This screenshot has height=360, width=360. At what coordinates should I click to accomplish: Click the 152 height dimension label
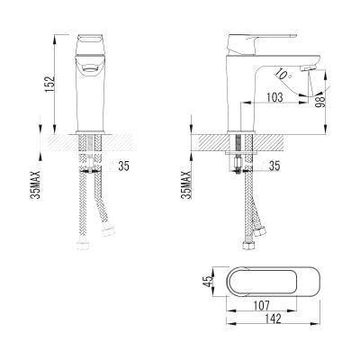(49, 83)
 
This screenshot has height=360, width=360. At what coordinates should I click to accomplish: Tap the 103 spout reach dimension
(274, 97)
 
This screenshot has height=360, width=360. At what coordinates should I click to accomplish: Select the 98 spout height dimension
(320, 102)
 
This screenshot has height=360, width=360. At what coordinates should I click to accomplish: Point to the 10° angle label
(283, 74)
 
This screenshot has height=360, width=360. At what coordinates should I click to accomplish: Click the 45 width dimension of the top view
(207, 282)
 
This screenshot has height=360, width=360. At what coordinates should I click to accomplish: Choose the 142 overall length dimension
(273, 319)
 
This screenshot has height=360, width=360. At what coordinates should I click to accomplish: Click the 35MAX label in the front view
(36, 185)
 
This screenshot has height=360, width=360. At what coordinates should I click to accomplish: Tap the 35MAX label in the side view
(187, 185)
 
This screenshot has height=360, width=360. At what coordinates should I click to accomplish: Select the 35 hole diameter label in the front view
(123, 166)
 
